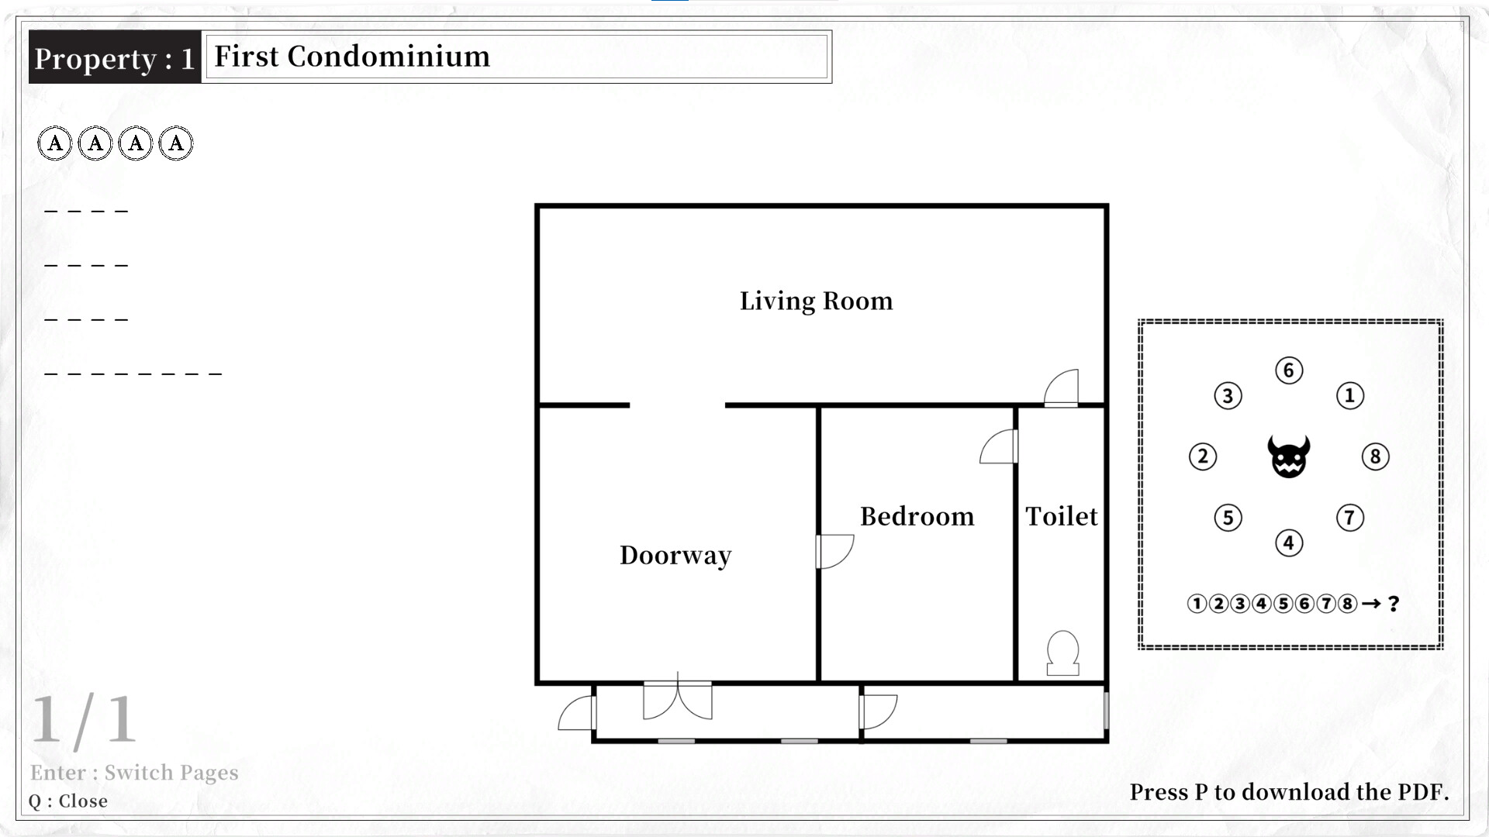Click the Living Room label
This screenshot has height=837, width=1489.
(816, 301)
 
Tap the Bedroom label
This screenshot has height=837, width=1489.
(917, 516)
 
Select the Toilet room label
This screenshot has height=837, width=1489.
(1061, 516)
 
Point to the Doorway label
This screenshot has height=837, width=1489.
(675, 555)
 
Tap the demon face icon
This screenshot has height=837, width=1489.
(1289, 456)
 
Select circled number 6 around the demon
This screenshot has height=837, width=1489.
(1289, 370)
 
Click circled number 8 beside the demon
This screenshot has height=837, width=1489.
(1375, 456)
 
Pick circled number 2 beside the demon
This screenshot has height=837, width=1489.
(1203, 456)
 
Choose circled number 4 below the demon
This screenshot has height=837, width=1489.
(1289, 542)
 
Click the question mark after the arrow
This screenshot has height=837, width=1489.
(1394, 604)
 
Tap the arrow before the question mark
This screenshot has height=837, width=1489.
(1371, 604)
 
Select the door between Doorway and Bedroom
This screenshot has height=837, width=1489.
(834, 551)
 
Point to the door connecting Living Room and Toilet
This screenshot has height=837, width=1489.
(1062, 388)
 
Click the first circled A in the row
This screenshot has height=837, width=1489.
(55, 143)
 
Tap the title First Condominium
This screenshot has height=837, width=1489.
(352, 57)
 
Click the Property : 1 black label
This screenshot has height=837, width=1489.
(115, 58)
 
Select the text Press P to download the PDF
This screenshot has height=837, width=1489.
(1289, 792)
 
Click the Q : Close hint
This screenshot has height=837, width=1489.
(68, 801)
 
